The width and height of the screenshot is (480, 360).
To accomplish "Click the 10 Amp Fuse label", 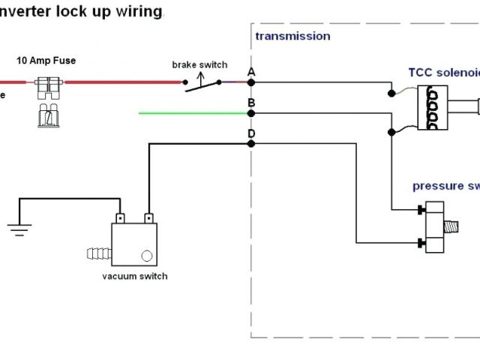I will (46, 60).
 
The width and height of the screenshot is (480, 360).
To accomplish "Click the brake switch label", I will (199, 65).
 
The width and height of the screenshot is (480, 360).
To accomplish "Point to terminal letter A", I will (251, 71).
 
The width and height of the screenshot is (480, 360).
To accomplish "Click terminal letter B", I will (251, 103).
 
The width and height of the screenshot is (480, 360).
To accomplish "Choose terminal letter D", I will (251, 133).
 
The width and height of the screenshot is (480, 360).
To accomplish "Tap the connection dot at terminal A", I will (251, 82).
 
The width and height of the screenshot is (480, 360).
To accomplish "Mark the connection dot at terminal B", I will (251, 113).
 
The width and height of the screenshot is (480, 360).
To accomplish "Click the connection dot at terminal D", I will (251, 144).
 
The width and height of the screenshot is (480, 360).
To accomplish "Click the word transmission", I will (292, 36).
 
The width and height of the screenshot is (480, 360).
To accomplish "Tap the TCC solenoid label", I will (442, 73).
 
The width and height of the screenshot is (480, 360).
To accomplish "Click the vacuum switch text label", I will (135, 276).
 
